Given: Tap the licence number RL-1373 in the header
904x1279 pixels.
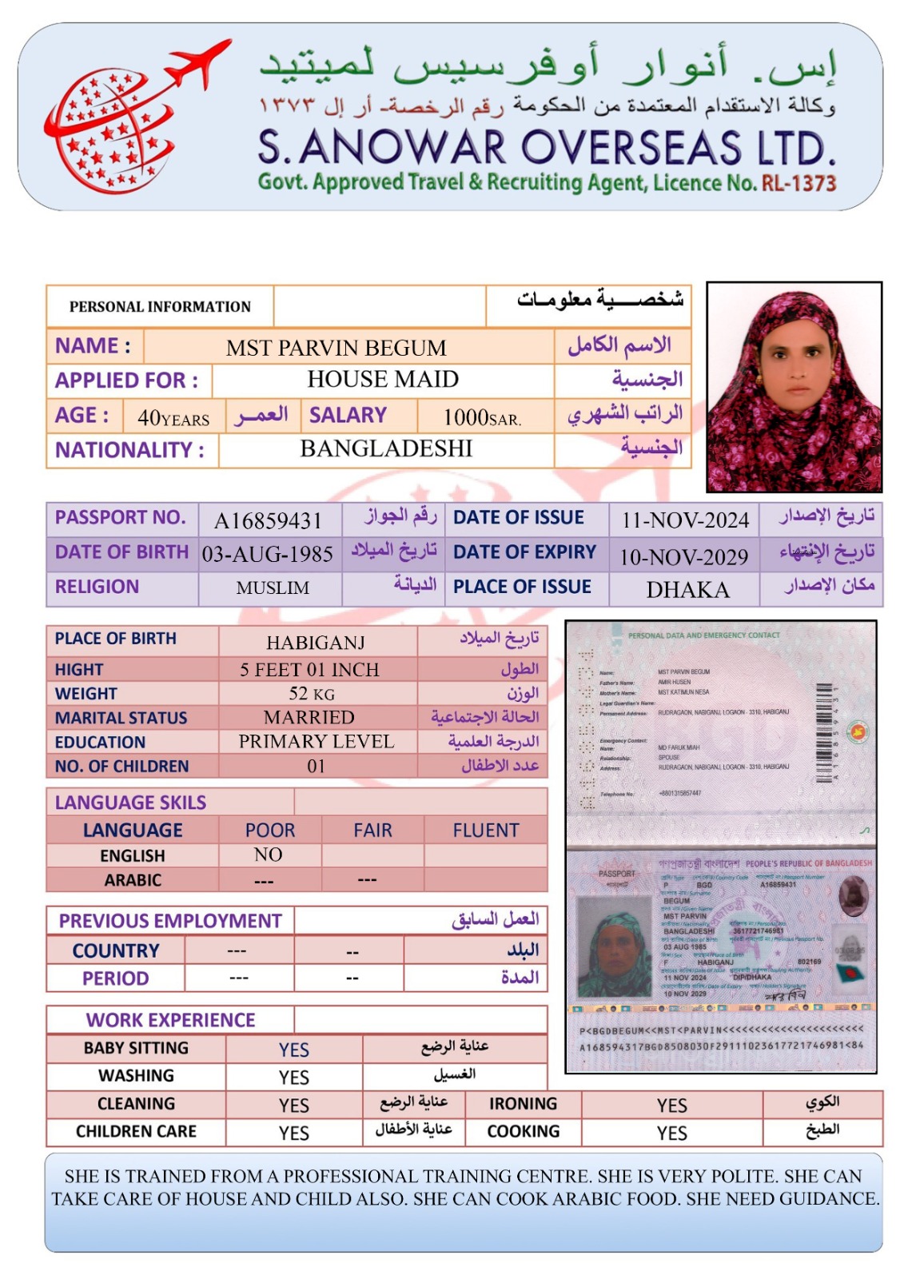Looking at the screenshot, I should (798, 183).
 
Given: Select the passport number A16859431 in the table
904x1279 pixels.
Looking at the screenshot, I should (268, 521).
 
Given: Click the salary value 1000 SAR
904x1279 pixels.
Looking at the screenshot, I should (481, 416).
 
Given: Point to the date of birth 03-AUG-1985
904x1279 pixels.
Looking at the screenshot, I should (268, 554).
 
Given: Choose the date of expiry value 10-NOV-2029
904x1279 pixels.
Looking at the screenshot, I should (684, 556).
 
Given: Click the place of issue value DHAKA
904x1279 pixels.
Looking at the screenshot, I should (687, 590).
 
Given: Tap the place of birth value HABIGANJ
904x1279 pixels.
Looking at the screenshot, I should (316, 643).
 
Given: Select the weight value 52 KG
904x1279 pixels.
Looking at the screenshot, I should (312, 693).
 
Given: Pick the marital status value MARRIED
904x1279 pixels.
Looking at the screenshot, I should (309, 717).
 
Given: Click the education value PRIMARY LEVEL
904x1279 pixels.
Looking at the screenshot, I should (316, 741).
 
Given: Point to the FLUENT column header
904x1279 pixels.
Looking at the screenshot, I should (485, 831).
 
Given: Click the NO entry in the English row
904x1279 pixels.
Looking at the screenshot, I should (268, 855).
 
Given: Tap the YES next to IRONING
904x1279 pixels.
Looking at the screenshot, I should (671, 1105).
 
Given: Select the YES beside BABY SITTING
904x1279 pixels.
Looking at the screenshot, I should (293, 1050).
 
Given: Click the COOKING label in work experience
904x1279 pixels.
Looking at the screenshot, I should (524, 1131).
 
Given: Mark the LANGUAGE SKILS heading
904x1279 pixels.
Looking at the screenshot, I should (130, 803).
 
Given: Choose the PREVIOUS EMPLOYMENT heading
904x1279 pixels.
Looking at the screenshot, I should (170, 921).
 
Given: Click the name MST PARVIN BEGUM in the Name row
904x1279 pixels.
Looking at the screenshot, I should (336, 348).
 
